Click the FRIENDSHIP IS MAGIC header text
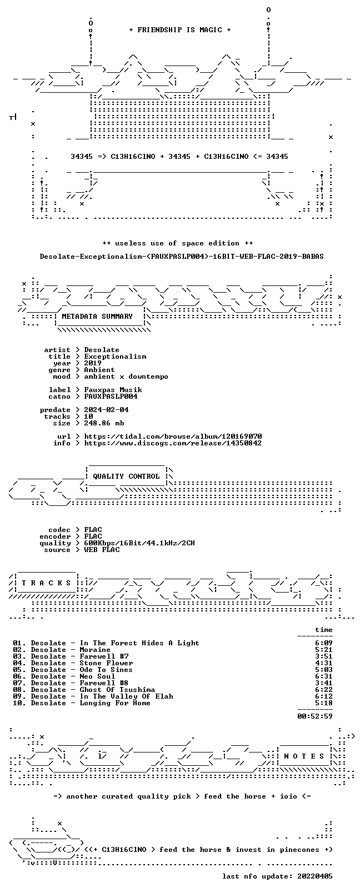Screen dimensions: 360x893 point(180,30)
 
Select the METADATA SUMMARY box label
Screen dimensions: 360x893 point(97,317)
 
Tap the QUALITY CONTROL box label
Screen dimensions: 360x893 point(126,476)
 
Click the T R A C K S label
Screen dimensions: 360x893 point(46,583)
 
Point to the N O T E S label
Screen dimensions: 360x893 point(304,756)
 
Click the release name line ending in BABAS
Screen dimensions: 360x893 point(182,257)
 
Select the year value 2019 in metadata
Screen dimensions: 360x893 point(93,363)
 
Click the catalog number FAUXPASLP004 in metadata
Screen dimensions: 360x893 point(111,397)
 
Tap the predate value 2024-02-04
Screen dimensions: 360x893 point(106,410)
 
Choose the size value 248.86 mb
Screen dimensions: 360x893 point(104,423)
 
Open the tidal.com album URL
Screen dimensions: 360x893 point(173,437)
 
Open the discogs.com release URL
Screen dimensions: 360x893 point(173,443)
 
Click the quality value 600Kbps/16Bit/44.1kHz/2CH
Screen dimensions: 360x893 point(139,543)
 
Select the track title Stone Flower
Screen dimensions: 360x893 point(106,664)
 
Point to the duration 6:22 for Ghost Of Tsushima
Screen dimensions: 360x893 point(324,690)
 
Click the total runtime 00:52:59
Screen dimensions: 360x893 point(315,716)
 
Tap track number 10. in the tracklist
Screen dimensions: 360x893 point(19,703)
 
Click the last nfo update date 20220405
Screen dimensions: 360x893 point(315,876)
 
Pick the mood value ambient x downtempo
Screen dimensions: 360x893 point(126,377)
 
